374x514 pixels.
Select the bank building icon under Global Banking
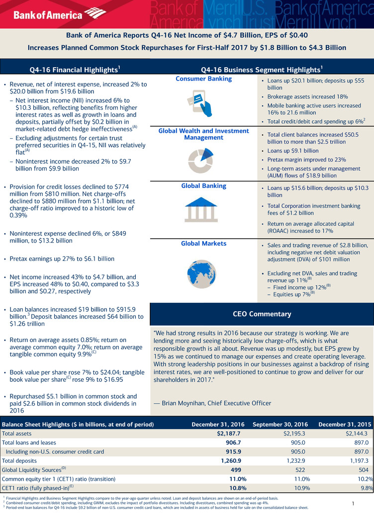pyautogui.click(x=201, y=209)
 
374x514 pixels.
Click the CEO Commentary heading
pyautogui.click(x=262, y=314)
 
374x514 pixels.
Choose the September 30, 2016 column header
pyautogui.click(x=281, y=424)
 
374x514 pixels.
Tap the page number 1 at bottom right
pyautogui.click(x=353, y=504)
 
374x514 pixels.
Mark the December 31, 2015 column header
pyautogui.click(x=345, y=424)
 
